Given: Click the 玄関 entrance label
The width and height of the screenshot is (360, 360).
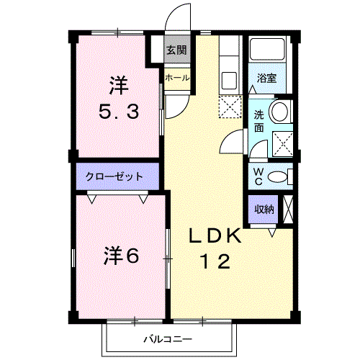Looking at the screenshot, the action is point(176,50).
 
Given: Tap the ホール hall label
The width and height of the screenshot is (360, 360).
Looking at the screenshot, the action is point(177,78).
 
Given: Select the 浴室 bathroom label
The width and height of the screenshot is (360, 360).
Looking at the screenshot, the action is point(266,78).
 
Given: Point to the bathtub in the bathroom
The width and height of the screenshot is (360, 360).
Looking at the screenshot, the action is point(267,49).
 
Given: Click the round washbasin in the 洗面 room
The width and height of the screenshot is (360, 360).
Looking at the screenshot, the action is point(279,112).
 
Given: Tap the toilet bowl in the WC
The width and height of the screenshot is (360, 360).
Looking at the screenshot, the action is point(277,177).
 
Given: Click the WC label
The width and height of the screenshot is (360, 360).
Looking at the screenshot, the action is point(258,176).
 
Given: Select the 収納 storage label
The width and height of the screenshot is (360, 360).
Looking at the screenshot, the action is point(264,210).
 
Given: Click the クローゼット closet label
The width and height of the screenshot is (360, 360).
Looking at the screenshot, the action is point(114,177).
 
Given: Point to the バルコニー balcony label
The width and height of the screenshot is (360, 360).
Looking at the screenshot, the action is point(168,339).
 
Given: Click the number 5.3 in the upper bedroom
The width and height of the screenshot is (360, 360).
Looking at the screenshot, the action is point(119,112).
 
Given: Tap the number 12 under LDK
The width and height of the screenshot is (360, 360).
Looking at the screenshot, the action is point(215,261).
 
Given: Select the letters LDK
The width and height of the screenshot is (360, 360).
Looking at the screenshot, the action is point(215,235).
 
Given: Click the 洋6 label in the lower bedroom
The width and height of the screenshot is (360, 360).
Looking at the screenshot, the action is point(122,256).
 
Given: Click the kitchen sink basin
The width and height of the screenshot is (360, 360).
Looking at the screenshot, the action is point(229,81).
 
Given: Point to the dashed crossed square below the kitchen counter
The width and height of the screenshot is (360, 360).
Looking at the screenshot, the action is point(230,107).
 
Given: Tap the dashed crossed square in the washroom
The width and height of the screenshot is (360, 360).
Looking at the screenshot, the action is point(283,144).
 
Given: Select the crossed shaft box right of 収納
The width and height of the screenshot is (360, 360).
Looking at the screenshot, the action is point(288,210).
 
